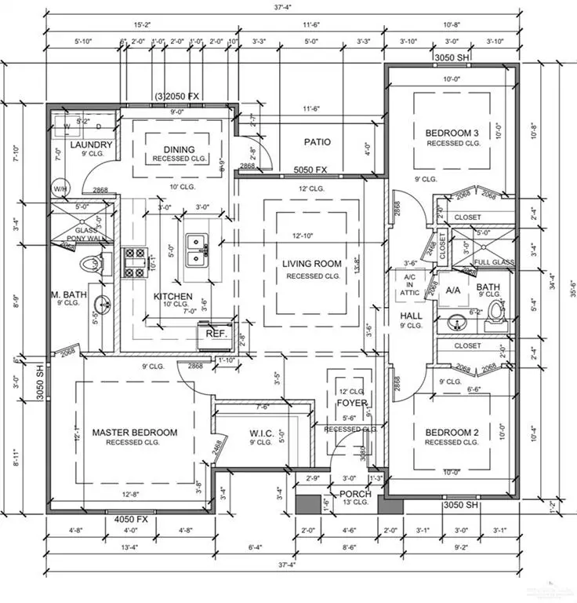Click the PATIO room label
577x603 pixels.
coord(318,142)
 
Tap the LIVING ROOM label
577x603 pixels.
coord(312,264)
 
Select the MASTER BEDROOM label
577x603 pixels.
coord(135,432)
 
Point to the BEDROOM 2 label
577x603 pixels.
coord(452,432)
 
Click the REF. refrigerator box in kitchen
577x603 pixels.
coord(216,333)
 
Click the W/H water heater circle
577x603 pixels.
coord(60,189)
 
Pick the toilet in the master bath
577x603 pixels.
coord(90,265)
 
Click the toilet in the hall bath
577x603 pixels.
coord(493,309)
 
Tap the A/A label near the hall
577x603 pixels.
coord(453,290)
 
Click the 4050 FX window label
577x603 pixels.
coord(131,519)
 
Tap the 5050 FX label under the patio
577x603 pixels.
coord(310,170)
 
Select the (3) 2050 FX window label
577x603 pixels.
coord(177,96)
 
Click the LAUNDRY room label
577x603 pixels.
coord(92,145)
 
